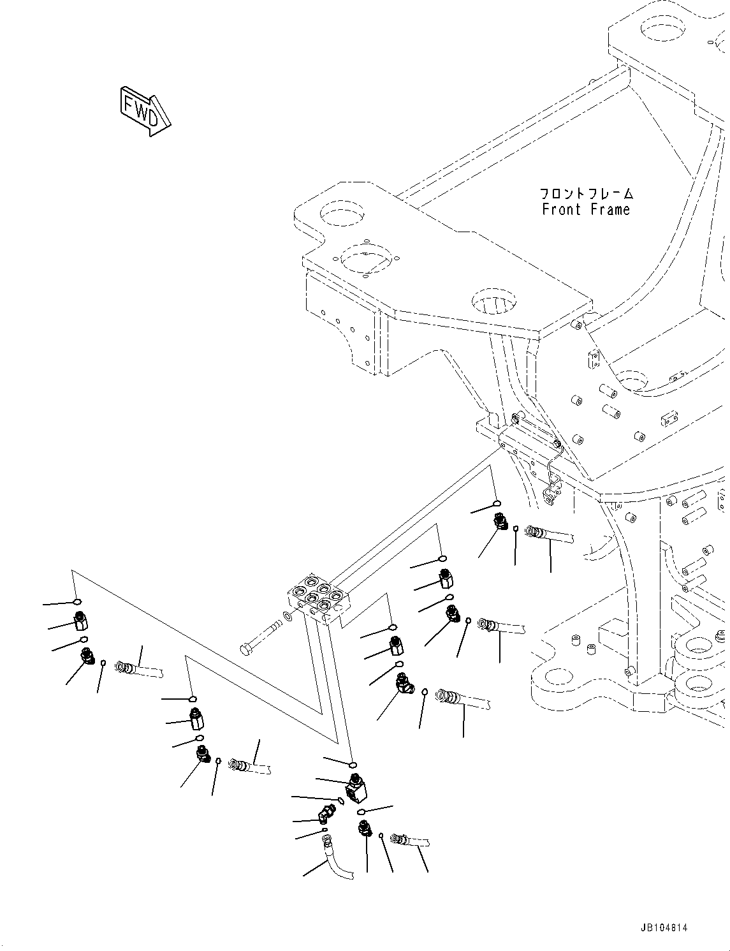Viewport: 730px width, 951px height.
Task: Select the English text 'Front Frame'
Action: (585, 210)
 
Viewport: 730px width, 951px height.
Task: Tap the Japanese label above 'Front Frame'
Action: (586, 193)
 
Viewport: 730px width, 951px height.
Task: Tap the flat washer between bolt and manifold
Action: (288, 617)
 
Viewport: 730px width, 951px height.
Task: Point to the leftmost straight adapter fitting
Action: (81, 619)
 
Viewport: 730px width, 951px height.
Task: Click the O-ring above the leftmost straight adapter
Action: (77, 601)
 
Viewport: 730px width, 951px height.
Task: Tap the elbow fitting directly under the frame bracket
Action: (499, 524)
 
